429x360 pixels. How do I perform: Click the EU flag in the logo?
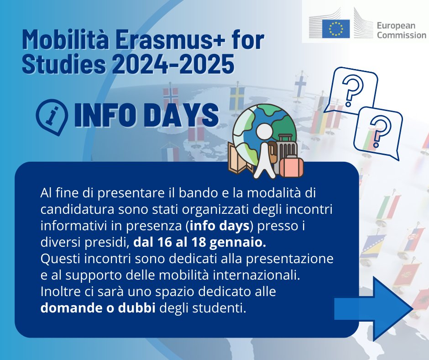pyautogui.click(x=336, y=29)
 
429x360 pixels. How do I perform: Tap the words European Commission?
pyautogui.click(x=401, y=31)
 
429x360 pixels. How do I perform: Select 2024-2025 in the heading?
pyautogui.click(x=173, y=64)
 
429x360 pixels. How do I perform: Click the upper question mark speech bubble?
pyautogui.click(x=351, y=90)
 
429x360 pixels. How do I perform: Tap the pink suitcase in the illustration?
pyautogui.click(x=291, y=167)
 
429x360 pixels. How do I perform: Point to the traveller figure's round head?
pyautogui.click(x=264, y=132)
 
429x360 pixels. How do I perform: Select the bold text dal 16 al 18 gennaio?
pyautogui.click(x=199, y=243)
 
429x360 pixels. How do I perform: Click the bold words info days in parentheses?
pyautogui.click(x=220, y=226)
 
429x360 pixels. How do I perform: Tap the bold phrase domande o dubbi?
pyautogui.click(x=98, y=308)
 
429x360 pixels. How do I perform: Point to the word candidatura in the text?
pyautogui.click(x=78, y=210)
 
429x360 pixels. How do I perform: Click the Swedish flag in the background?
pyautogui.click(x=237, y=98)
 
